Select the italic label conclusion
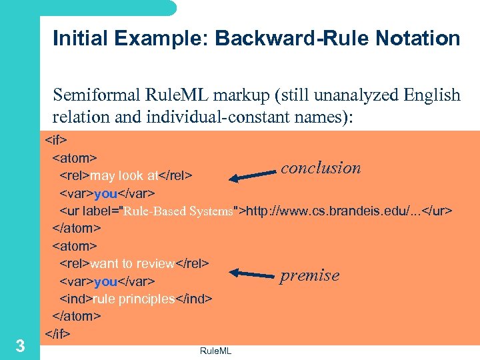coord(321,167)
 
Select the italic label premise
coord(309,275)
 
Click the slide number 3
coord(21,346)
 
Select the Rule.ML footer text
coord(215,349)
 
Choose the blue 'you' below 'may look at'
coord(106,194)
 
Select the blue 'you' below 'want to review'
coord(106,281)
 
